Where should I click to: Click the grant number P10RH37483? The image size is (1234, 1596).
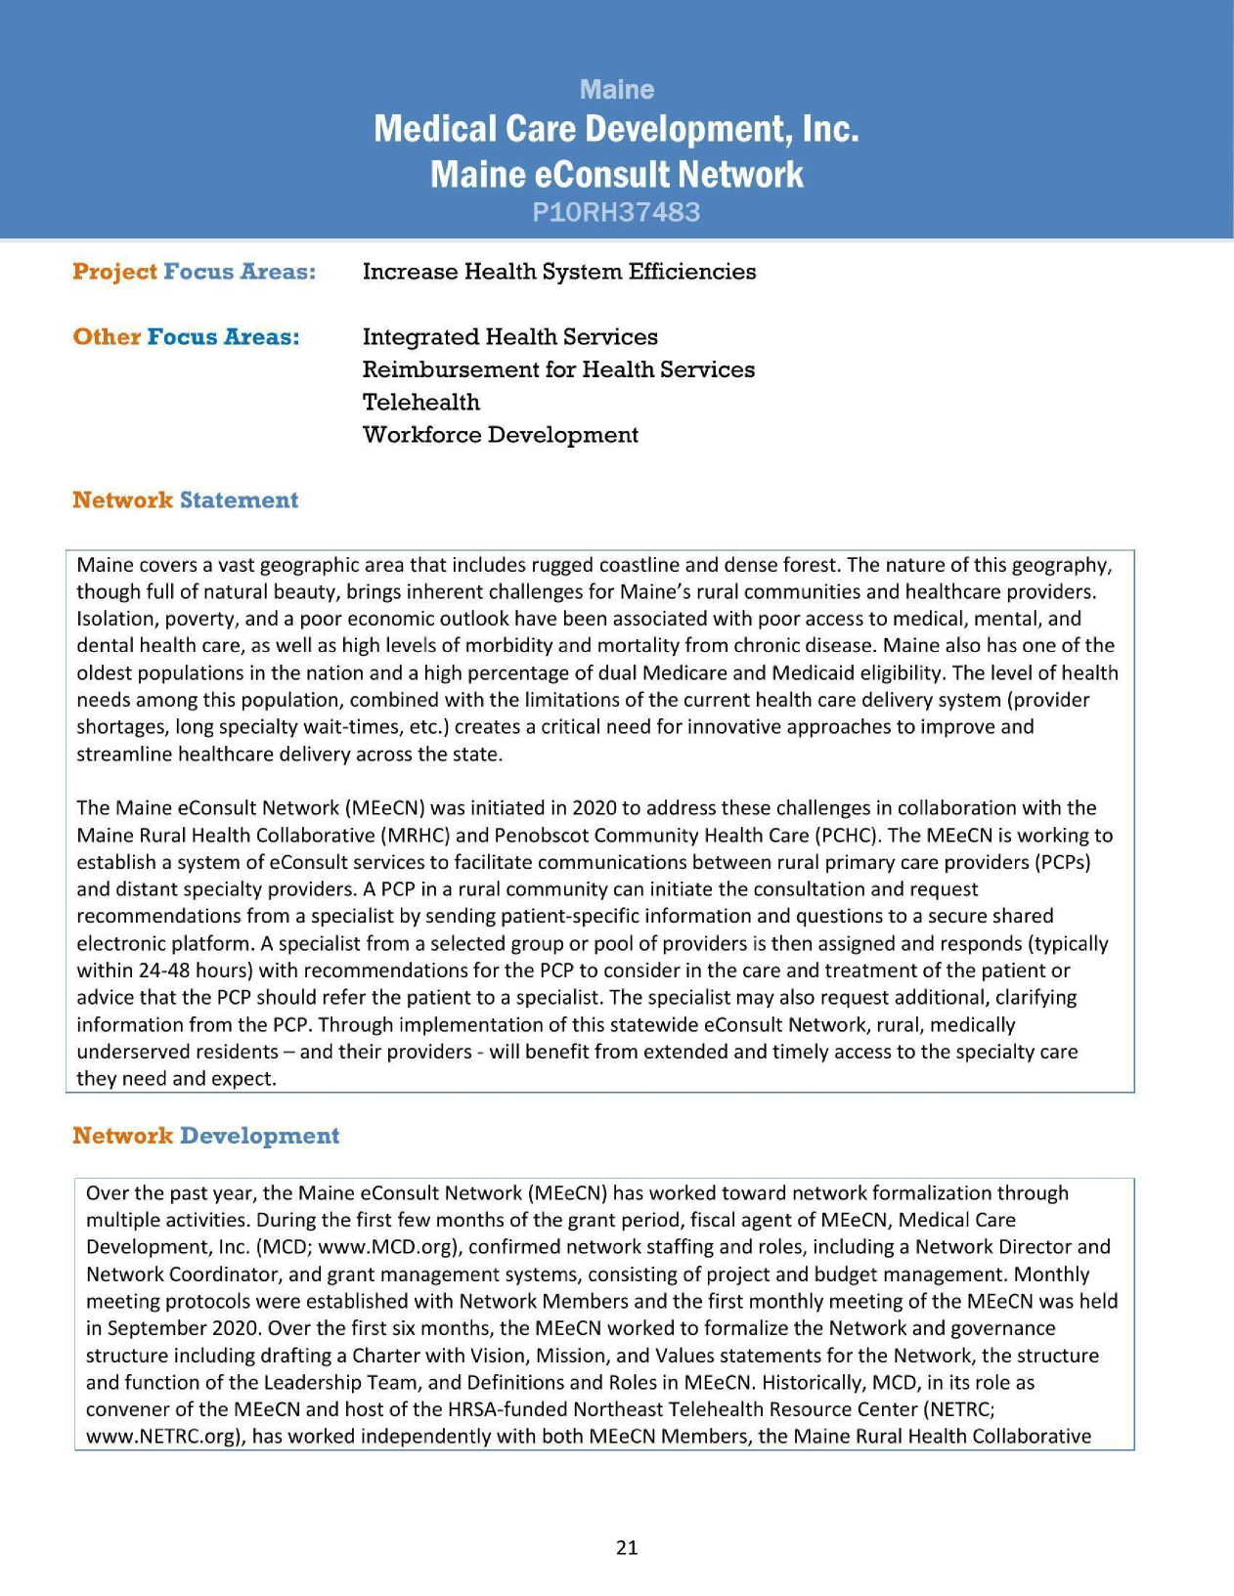click(x=616, y=212)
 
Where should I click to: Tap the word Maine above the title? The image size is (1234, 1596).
click(x=616, y=90)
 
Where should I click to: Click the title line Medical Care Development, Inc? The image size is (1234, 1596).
click(x=616, y=129)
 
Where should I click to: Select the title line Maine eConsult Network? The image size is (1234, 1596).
click(x=616, y=174)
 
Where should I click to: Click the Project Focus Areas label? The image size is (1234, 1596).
click(x=194, y=272)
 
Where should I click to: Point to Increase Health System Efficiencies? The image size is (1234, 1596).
click(x=558, y=272)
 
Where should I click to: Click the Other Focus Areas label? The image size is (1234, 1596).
click(x=186, y=337)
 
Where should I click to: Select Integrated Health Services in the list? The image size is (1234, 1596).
click(x=509, y=337)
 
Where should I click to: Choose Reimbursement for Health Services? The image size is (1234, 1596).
click(x=558, y=369)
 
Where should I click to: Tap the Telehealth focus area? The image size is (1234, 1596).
click(x=420, y=403)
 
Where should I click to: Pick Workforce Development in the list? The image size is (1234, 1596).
click(x=500, y=435)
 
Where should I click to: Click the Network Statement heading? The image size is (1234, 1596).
click(x=185, y=500)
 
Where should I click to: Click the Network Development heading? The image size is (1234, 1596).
click(x=205, y=1136)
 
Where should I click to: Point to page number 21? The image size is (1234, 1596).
click(x=627, y=1547)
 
